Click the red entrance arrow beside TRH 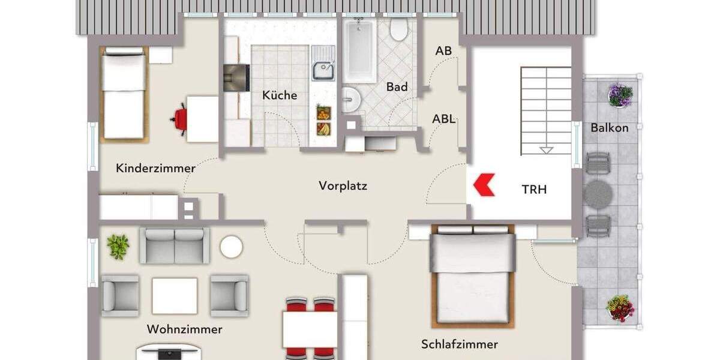[x=484, y=185]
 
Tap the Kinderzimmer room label [x=155, y=168]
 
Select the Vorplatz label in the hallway [x=343, y=186]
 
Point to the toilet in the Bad [x=398, y=29]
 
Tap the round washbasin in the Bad [x=350, y=100]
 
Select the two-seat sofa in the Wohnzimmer [x=175, y=245]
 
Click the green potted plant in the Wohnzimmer [x=118, y=247]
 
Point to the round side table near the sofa [x=231, y=247]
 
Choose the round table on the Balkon [x=598, y=194]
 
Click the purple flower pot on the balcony [x=620, y=95]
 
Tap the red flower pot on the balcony [x=620, y=307]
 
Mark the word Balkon [x=609, y=128]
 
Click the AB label [x=443, y=52]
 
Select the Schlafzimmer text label [x=459, y=344]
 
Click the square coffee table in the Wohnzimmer [x=174, y=296]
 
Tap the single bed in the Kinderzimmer [x=124, y=94]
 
